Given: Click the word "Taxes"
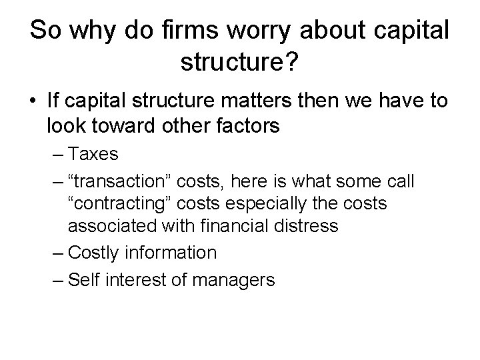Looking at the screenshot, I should click(94, 155).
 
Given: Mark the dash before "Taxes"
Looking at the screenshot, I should click(57, 155).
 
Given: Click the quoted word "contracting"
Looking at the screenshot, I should click(120, 204).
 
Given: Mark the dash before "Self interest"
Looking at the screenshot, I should click(57, 279).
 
